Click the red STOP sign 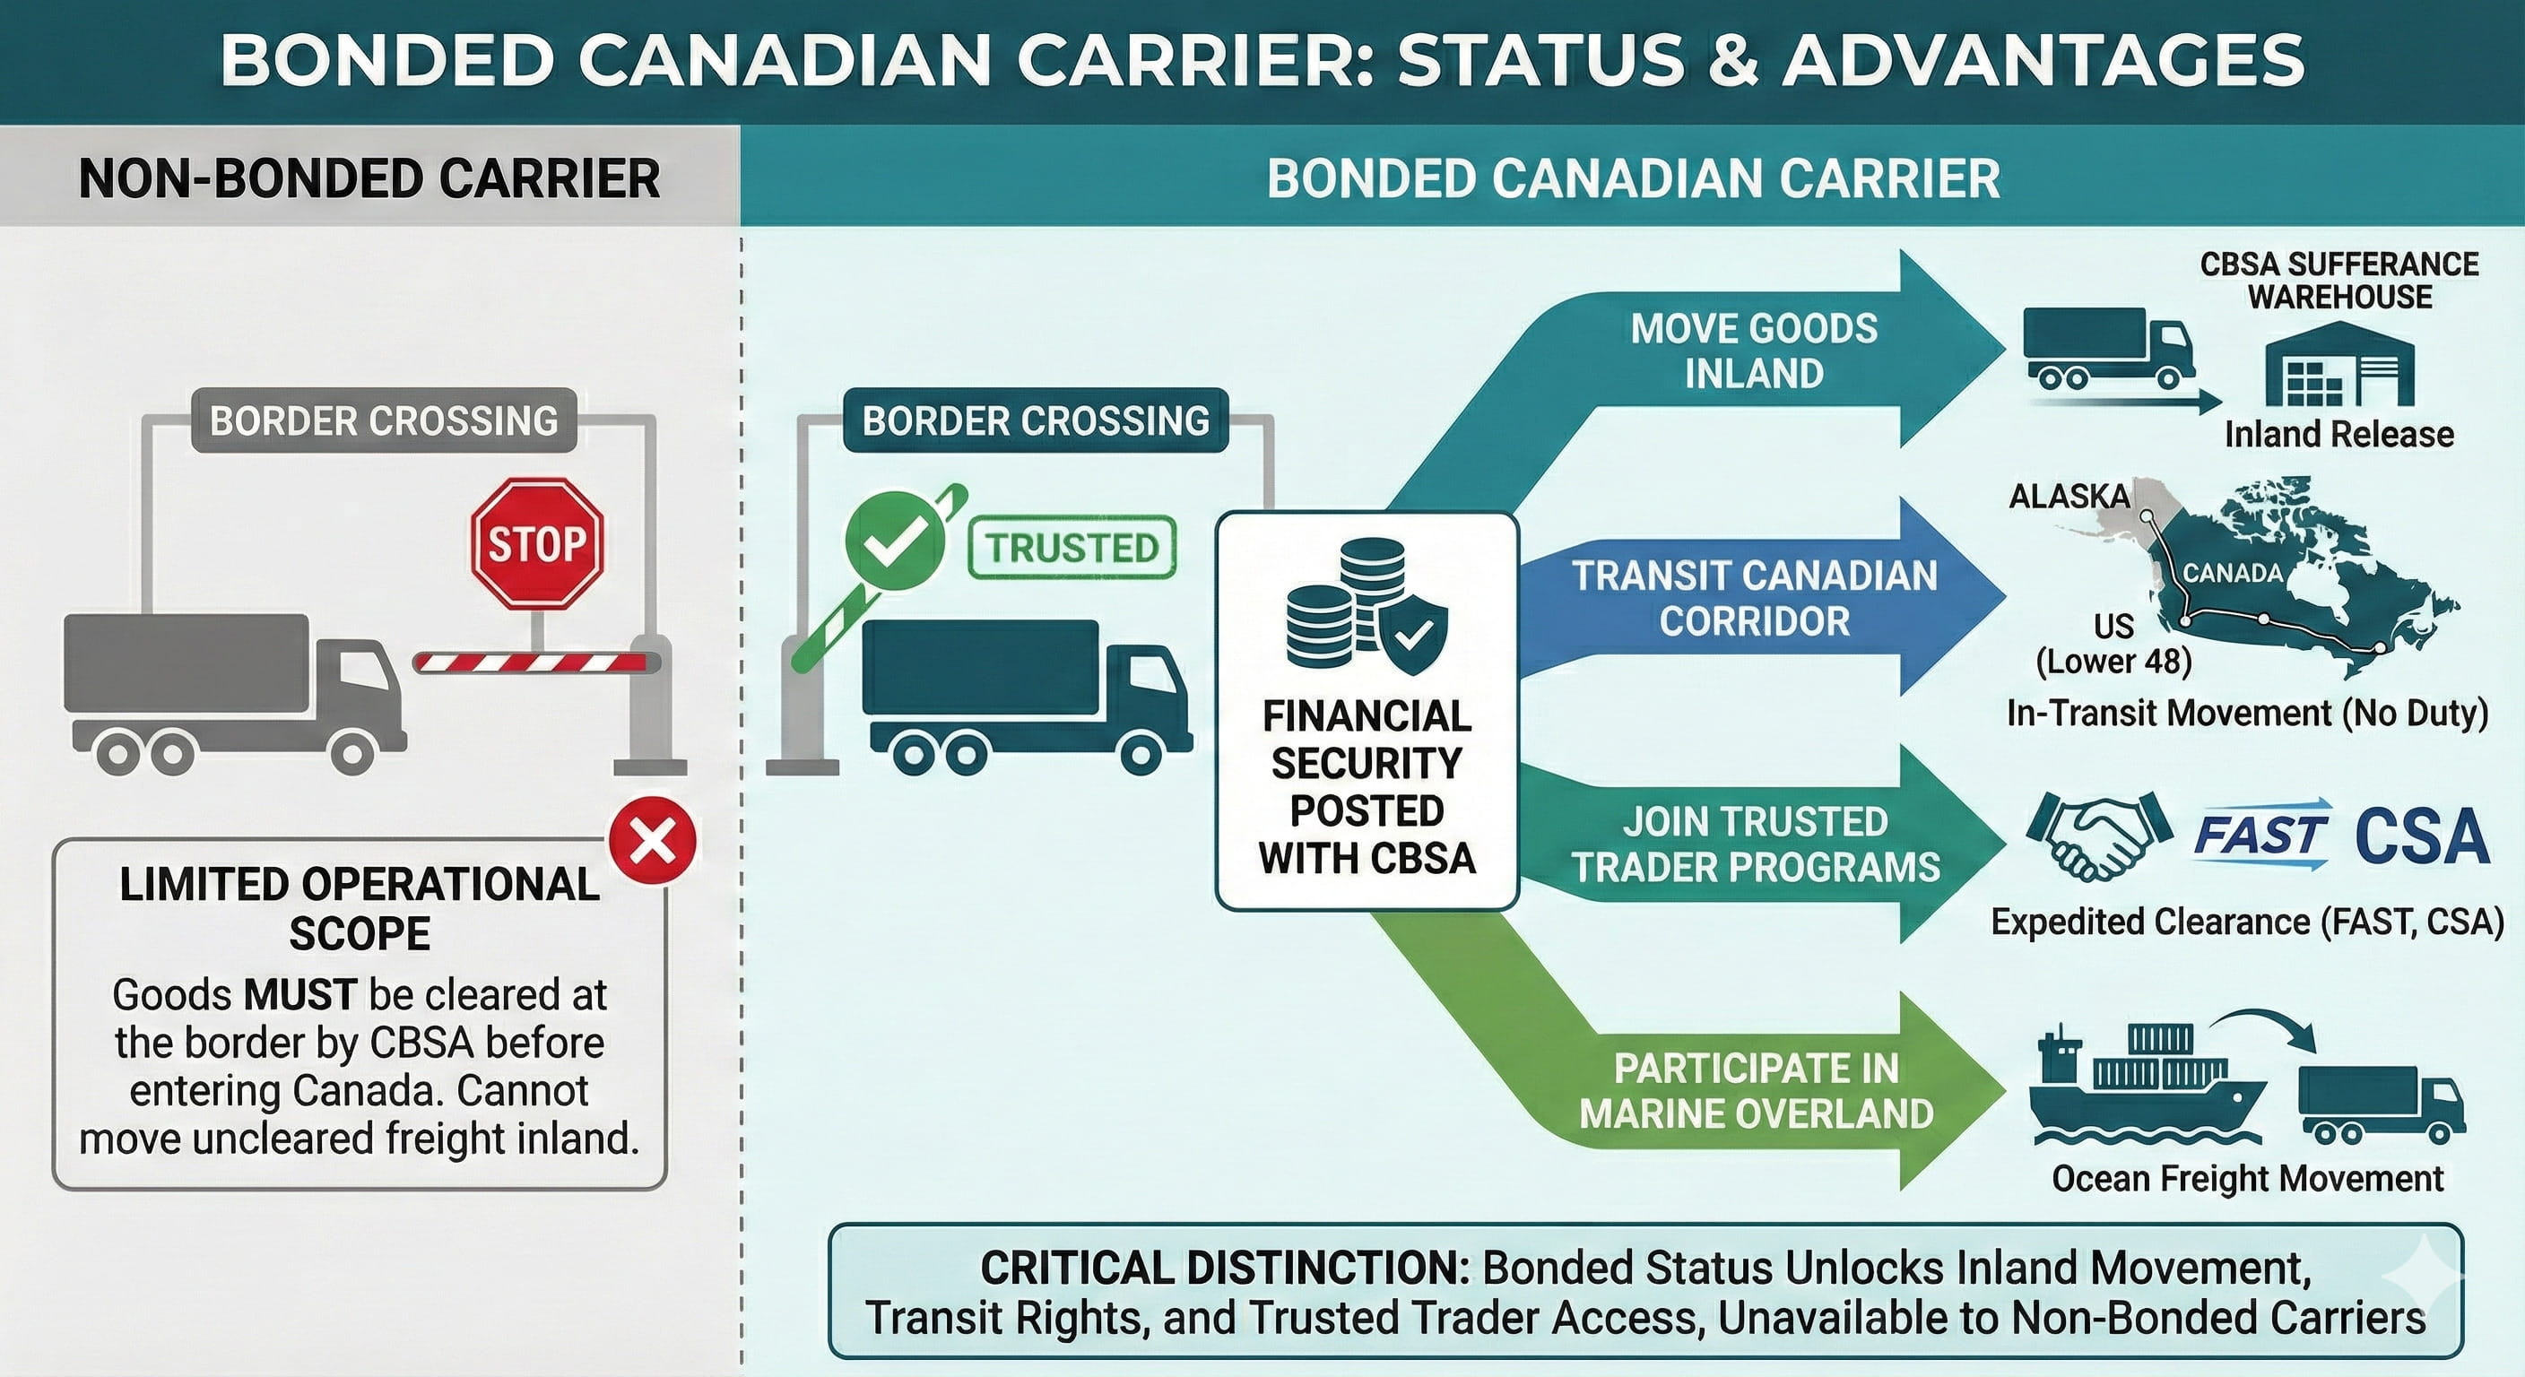(x=537, y=544)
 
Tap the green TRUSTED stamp (x=1072, y=548)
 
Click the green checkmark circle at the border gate (x=894, y=540)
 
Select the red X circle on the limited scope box (x=653, y=841)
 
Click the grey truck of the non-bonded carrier (x=233, y=691)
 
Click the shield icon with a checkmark (x=1412, y=637)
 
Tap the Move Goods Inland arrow (x=1755, y=350)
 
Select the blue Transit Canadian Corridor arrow (x=1755, y=597)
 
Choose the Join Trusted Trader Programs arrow (x=1755, y=844)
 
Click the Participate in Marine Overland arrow (x=1755, y=1091)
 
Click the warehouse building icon (x=2339, y=365)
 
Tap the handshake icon (x=2096, y=836)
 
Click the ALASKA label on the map (x=2069, y=497)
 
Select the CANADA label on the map (x=2233, y=572)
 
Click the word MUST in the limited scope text (x=299, y=995)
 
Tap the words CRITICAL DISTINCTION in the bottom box (x=1224, y=1269)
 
